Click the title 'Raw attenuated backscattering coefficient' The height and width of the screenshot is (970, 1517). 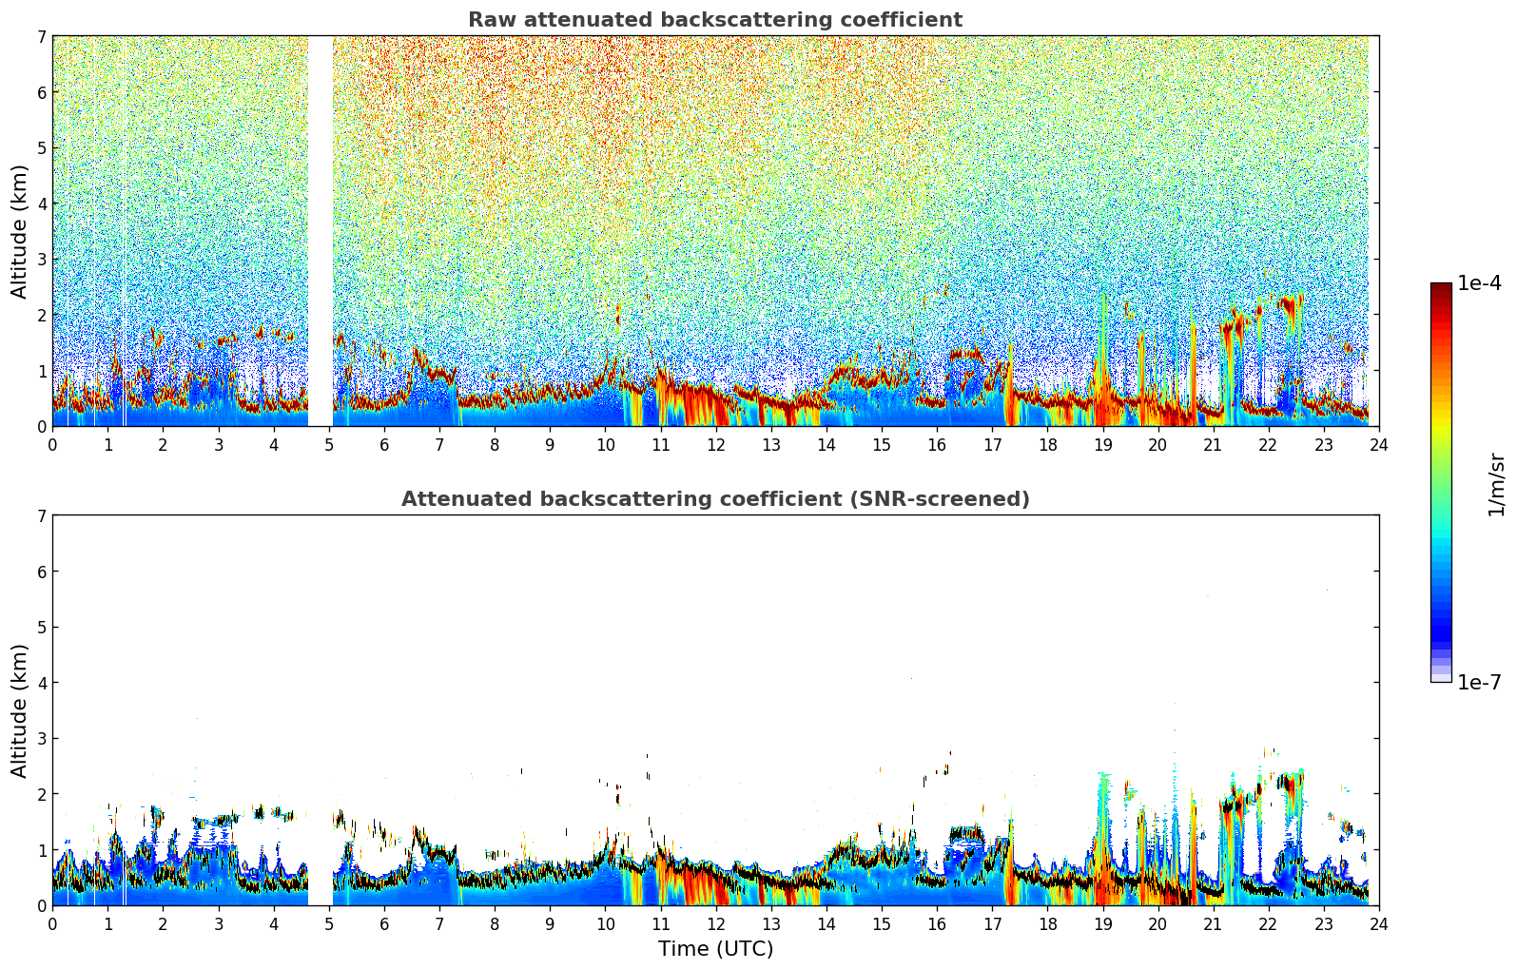(x=714, y=20)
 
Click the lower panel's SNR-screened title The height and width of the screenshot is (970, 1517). (x=714, y=499)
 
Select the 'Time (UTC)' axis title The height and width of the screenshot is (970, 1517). (x=715, y=949)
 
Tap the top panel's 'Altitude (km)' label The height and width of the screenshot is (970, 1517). (x=20, y=231)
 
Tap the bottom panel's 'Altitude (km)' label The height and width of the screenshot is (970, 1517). (x=20, y=710)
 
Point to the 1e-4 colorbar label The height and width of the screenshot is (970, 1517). (x=1479, y=283)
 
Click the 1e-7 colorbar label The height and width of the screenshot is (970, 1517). (x=1479, y=682)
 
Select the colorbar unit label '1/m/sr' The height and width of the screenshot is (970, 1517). (x=1496, y=485)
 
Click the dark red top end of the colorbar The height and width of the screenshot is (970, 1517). (x=1441, y=287)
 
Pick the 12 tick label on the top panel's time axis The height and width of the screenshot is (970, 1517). (x=715, y=445)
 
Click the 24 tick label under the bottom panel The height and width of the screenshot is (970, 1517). (x=1378, y=924)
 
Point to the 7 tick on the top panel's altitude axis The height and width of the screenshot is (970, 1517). (x=41, y=37)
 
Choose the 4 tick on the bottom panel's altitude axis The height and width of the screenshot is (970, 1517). (x=41, y=683)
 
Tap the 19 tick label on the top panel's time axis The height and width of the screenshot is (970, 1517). (x=1102, y=445)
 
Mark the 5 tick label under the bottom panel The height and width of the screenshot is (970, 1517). (x=329, y=924)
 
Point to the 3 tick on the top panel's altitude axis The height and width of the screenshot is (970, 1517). (x=41, y=260)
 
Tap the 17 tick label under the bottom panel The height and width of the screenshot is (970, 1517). (x=992, y=924)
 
